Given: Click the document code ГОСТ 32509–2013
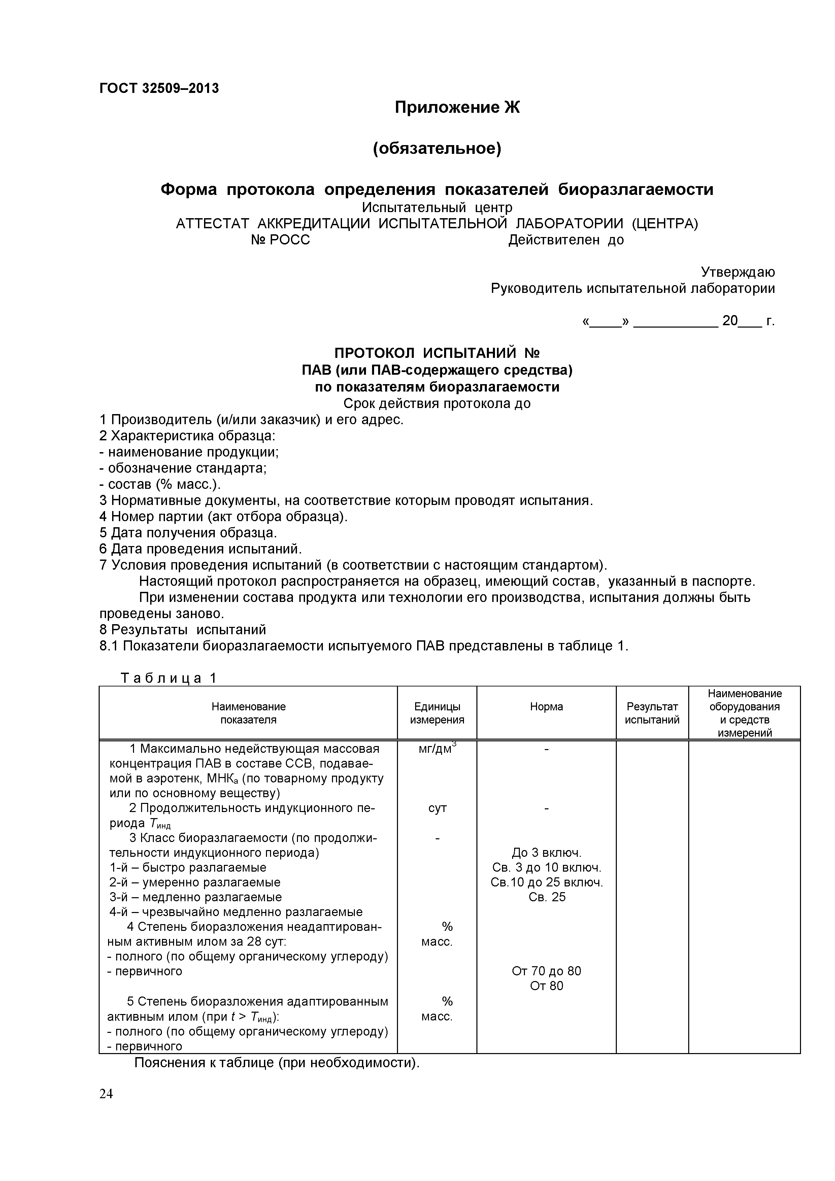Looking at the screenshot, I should [159, 89].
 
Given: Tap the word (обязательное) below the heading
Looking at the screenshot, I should [437, 149].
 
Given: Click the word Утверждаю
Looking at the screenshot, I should [738, 272].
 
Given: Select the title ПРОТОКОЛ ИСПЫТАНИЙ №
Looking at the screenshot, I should [437, 353].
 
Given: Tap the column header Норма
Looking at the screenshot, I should [546, 707].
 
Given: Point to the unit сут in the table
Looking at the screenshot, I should [437, 808].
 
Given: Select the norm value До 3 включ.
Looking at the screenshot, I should [546, 853].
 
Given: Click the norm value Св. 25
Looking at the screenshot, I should [546, 897].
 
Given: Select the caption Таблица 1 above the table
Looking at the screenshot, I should [169, 678].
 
